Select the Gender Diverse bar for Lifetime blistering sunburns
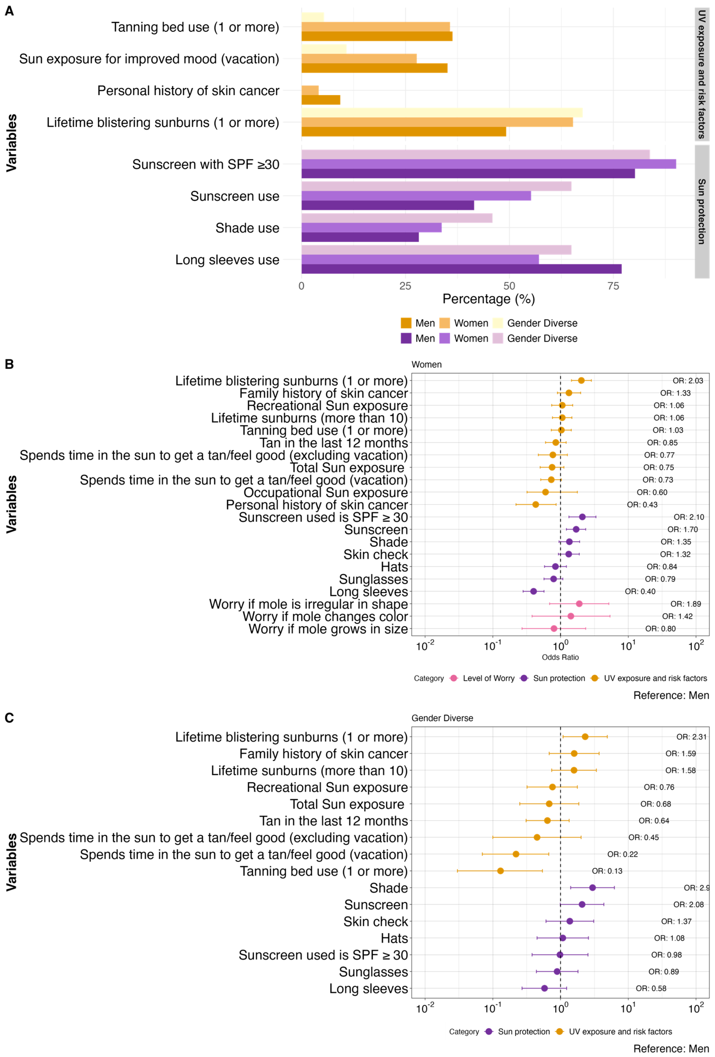[x=442, y=112]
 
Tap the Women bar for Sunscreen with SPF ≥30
[x=488, y=164]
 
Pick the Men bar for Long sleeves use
[x=461, y=269]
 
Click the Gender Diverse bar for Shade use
[x=396, y=218]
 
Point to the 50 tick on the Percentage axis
[x=509, y=286]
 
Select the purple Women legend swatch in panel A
[x=445, y=338]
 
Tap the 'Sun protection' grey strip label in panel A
[x=701, y=211]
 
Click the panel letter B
[x=9, y=364]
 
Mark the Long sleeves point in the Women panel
[x=533, y=591]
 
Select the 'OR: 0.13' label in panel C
[x=607, y=871]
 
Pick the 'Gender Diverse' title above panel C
[x=442, y=718]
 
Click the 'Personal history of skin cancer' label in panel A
[x=188, y=91]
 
